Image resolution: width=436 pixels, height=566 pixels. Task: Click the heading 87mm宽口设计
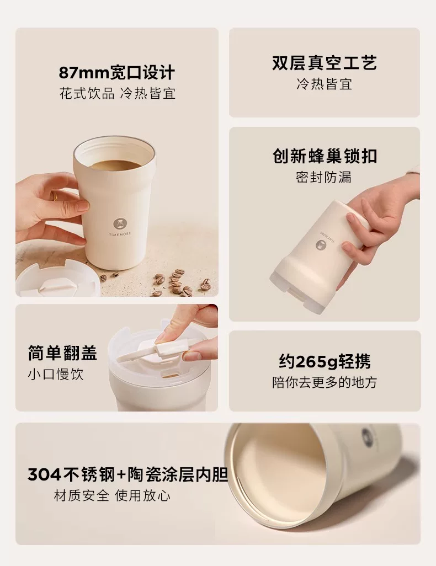coord(116,73)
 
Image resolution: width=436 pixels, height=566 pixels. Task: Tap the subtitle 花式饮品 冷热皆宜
coord(118,93)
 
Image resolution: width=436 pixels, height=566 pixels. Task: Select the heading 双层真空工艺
coord(325,63)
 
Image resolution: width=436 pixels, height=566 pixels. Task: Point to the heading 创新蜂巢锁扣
coord(325,156)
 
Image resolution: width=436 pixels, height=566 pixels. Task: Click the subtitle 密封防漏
coord(324,177)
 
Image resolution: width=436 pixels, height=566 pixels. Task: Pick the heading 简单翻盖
coord(62,353)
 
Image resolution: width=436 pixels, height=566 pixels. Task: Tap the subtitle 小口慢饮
coord(56,374)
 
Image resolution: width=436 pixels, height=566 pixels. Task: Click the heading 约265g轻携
coord(325,361)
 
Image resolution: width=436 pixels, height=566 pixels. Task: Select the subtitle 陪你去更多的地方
coord(325,382)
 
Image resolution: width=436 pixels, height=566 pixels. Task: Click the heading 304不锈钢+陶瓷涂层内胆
coord(128,474)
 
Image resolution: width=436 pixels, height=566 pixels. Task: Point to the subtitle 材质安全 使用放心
coord(112,495)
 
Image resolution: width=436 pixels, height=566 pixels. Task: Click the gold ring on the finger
coord(55,196)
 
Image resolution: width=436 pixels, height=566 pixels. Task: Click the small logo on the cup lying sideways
coord(368,434)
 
